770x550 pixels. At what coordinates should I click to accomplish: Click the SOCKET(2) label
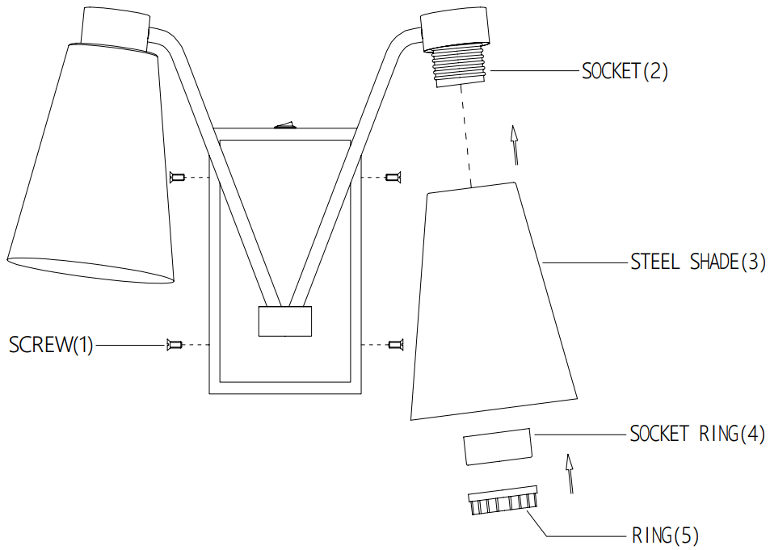coord(625,71)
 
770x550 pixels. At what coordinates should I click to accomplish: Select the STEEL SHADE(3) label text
coord(697,262)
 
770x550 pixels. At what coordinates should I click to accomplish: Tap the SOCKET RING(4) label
coord(697,434)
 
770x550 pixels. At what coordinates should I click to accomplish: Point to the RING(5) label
coord(666,535)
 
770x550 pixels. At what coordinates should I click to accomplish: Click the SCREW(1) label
coord(51,345)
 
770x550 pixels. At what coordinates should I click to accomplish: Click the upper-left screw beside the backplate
coord(178,176)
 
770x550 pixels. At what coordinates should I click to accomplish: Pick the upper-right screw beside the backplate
coord(393,176)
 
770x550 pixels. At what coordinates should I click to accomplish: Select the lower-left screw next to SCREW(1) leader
coord(173,345)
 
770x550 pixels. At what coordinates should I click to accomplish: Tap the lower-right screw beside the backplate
coord(394,345)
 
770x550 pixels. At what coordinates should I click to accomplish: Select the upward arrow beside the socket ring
coord(570,472)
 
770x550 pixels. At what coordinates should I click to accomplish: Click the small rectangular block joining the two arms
coord(284,321)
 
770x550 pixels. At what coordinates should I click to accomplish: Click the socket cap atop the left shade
coord(116,27)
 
